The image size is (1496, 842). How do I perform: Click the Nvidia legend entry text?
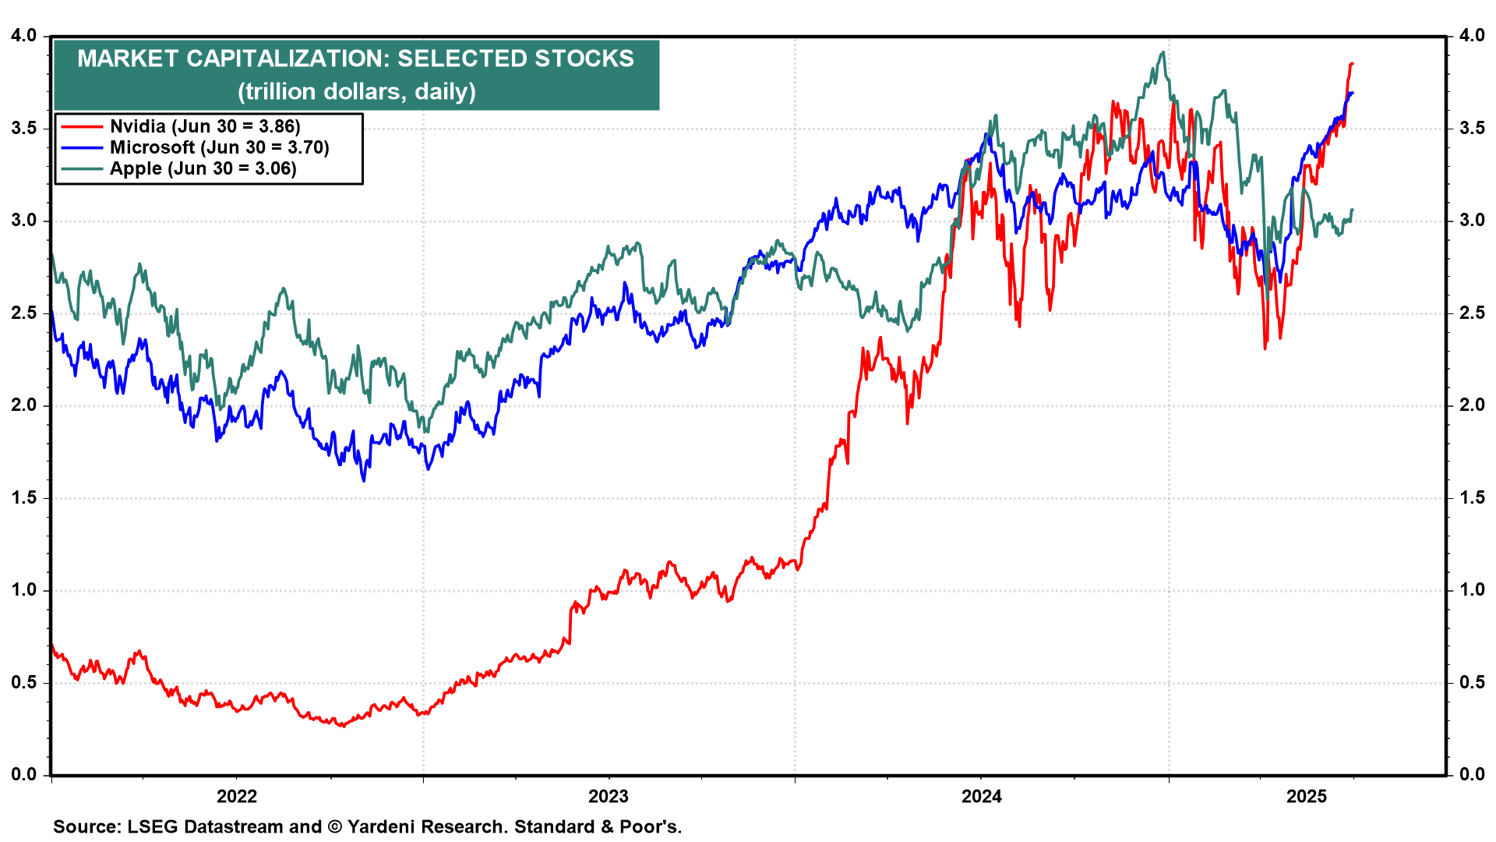tap(205, 126)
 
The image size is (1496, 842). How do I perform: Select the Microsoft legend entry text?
tap(219, 147)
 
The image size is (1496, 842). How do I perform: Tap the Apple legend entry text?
tap(203, 168)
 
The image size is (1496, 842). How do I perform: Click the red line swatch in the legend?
tap(82, 126)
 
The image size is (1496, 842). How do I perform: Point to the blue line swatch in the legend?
tap(82, 147)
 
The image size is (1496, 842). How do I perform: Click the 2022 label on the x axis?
tap(236, 796)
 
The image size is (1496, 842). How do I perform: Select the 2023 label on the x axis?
tap(609, 796)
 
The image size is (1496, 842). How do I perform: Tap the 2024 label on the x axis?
tap(981, 796)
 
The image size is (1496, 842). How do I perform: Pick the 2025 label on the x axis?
tap(1307, 796)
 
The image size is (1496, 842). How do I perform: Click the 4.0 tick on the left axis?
tap(24, 36)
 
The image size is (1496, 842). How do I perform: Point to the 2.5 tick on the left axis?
tap(24, 313)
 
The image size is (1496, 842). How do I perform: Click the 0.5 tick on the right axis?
tap(1472, 683)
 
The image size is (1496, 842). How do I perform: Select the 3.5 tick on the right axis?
tap(1472, 128)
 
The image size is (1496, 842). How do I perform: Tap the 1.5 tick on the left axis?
tap(24, 498)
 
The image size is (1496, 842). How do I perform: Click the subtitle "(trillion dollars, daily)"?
tap(356, 91)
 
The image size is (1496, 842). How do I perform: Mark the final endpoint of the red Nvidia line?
tap(1353, 63)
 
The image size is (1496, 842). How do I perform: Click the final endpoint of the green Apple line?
tap(1353, 210)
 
